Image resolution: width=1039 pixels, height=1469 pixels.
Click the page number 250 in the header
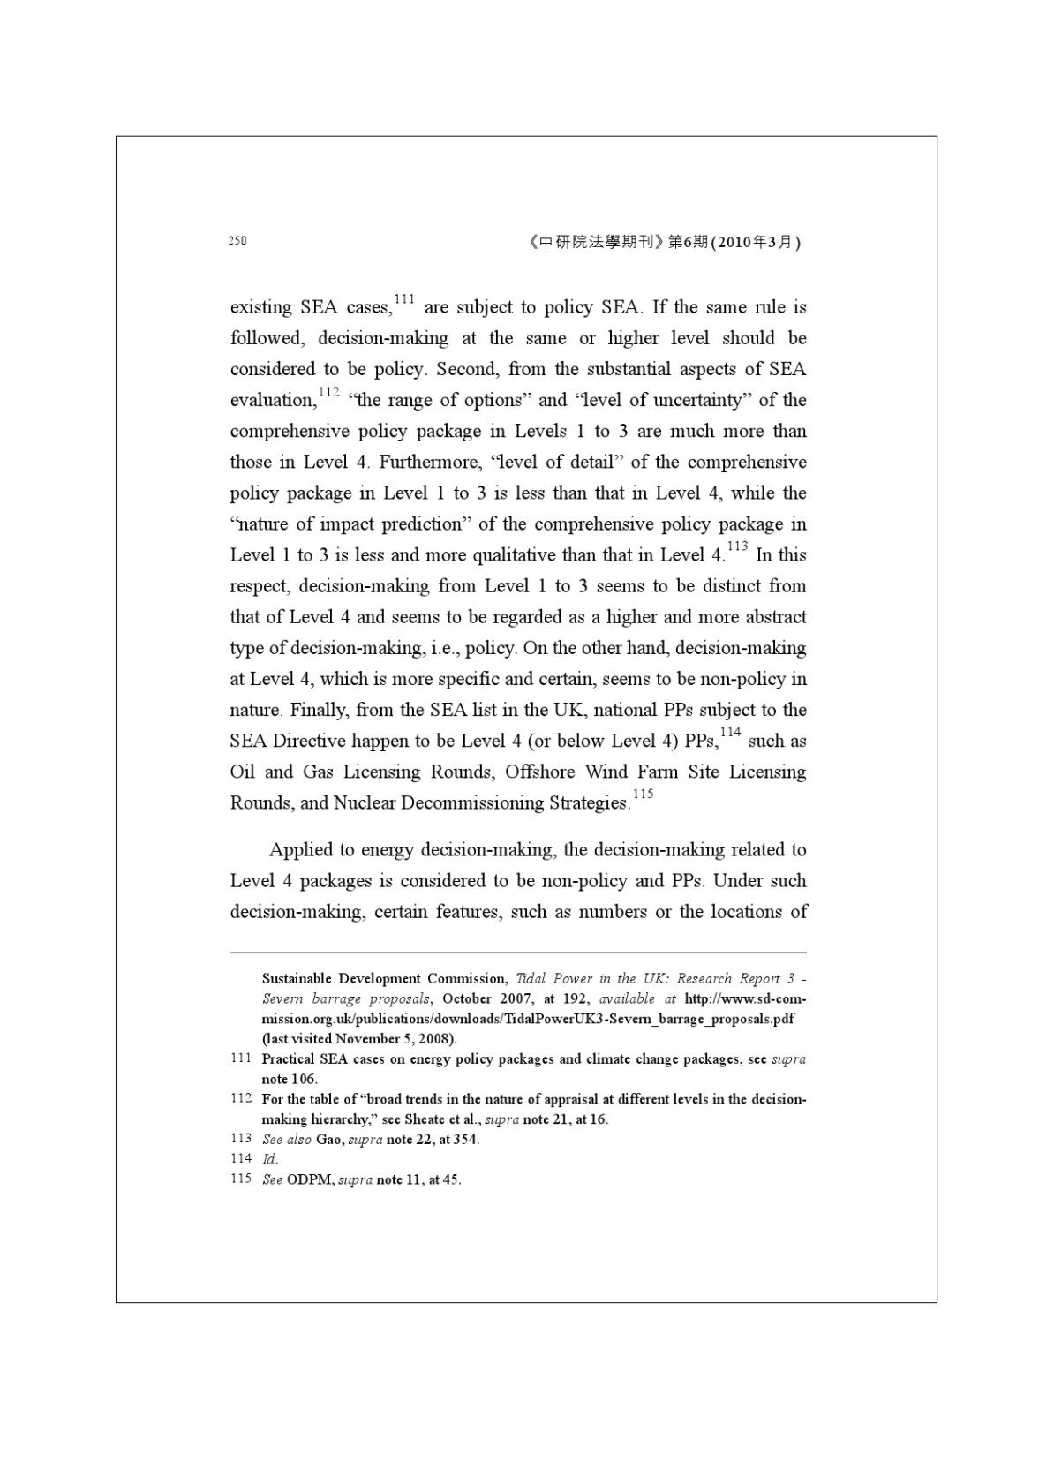(237, 240)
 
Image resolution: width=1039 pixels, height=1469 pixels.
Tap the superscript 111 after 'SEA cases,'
(404, 298)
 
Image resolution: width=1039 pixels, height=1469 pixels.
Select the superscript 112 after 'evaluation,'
(328, 391)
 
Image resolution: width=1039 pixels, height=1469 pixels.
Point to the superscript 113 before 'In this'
(737, 546)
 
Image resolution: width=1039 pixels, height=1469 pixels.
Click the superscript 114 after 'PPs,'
(730, 732)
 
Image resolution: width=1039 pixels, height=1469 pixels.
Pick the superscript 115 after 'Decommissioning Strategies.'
(643, 794)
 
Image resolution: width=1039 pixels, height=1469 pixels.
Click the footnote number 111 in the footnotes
(241, 1058)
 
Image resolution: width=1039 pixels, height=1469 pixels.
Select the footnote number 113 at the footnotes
(241, 1139)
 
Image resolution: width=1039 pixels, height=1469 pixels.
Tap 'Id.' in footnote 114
(270, 1159)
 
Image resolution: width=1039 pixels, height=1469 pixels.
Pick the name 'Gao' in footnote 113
(328, 1139)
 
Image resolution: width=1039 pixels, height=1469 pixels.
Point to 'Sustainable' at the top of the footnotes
(297, 978)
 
